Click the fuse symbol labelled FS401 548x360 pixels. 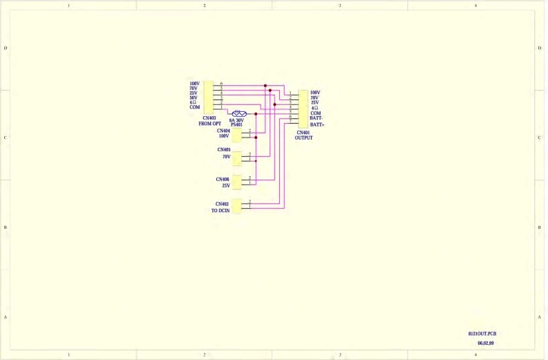point(239,113)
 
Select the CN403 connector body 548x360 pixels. point(209,96)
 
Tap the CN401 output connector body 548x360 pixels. point(303,108)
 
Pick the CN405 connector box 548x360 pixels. point(237,158)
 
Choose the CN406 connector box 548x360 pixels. point(237,182)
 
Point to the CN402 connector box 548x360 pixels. point(237,206)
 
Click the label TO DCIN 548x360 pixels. point(220,210)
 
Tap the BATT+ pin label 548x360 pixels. point(318,125)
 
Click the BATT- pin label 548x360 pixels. point(317,119)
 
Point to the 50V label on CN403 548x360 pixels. point(194,98)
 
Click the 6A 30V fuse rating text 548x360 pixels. point(236,120)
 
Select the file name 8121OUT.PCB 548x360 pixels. point(482,334)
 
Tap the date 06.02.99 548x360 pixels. point(486,343)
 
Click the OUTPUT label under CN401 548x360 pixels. point(304,138)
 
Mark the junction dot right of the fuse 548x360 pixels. point(256,113)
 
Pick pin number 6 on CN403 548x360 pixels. point(221,84)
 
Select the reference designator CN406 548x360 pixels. point(223,180)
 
